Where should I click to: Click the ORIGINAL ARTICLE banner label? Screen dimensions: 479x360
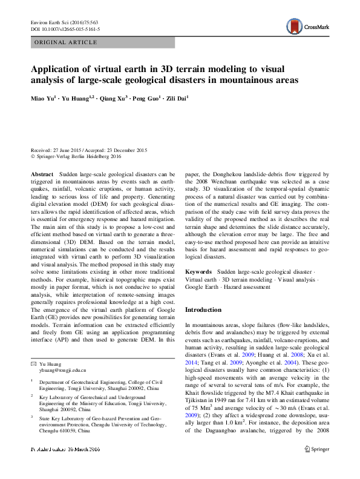tap(66, 42)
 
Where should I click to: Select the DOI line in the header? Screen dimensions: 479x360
tap(65, 28)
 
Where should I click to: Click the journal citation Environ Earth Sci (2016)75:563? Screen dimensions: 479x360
tap(66, 22)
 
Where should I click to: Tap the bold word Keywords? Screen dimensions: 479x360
tap(198, 273)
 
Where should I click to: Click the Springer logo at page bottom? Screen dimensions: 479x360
tap(316, 466)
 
